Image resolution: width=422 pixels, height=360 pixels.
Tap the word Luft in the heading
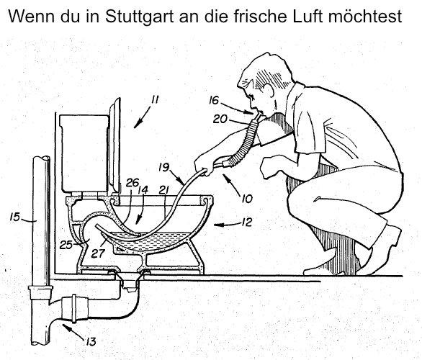(x=307, y=16)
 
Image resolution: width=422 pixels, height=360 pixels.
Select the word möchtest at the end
(x=365, y=16)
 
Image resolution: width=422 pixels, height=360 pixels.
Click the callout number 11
(x=155, y=99)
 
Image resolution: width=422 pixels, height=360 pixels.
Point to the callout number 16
(x=214, y=100)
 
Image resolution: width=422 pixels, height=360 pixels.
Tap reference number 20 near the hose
(x=220, y=119)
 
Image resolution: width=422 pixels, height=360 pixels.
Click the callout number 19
(x=163, y=167)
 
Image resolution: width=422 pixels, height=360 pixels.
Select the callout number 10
(x=247, y=199)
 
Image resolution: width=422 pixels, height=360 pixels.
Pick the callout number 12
(x=247, y=222)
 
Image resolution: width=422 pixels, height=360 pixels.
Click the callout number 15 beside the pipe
(x=15, y=217)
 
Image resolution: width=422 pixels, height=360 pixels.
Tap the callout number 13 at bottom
(x=91, y=342)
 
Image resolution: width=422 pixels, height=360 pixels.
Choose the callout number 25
(x=66, y=245)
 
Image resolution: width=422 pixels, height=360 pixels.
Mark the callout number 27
(x=96, y=253)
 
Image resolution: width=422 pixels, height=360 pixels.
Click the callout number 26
(x=132, y=183)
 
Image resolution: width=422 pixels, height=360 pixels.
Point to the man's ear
(x=269, y=91)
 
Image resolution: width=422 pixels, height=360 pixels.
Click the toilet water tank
(x=84, y=153)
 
